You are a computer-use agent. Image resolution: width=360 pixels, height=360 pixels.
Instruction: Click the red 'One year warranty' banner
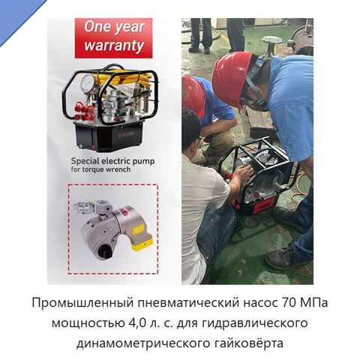tap(113, 37)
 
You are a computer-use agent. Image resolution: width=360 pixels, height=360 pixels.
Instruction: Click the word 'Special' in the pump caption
tap(84, 161)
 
